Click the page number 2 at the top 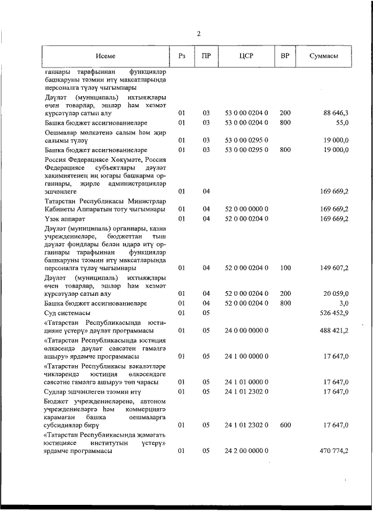click(198, 33)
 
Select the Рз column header click(181, 56)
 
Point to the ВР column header click(284, 56)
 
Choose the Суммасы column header click(324, 56)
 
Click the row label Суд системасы click(69, 314)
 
